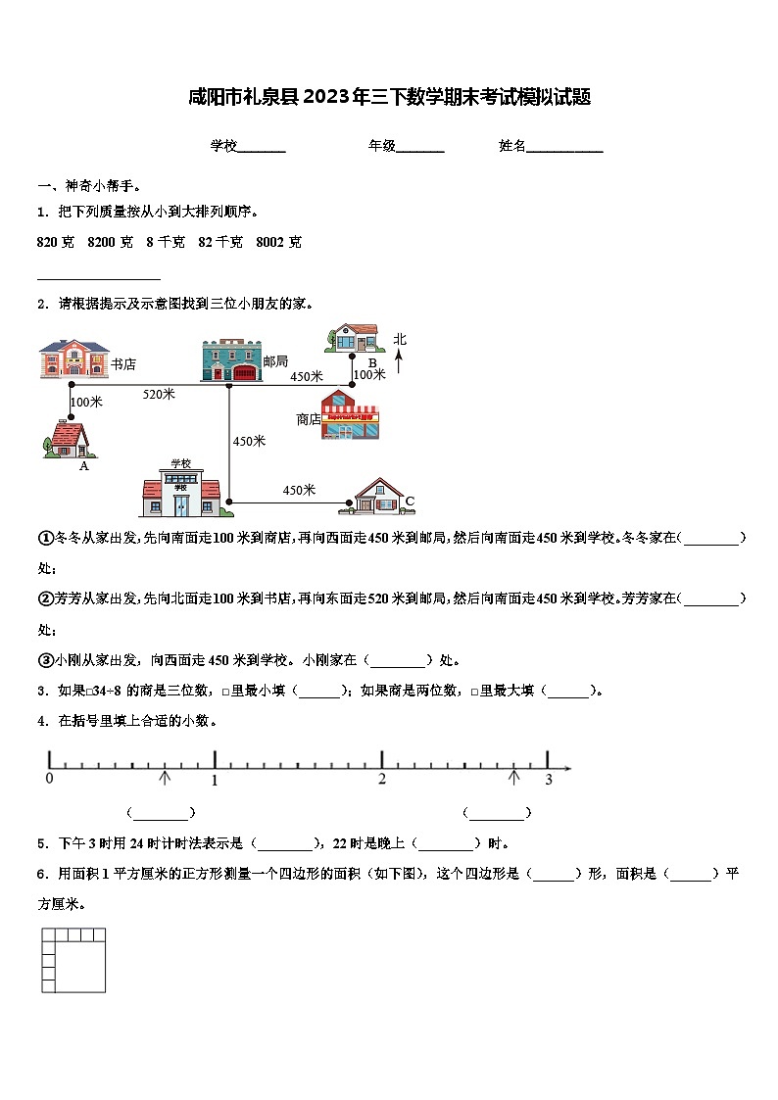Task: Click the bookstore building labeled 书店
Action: pyautogui.click(x=74, y=359)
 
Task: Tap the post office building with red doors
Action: pyautogui.click(x=231, y=360)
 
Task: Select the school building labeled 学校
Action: pyautogui.click(x=181, y=489)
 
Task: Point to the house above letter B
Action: pyautogui.click(x=354, y=338)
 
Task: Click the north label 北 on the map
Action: pyautogui.click(x=400, y=340)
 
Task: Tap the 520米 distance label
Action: pyautogui.click(x=159, y=394)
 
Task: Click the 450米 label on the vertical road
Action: pyautogui.click(x=249, y=441)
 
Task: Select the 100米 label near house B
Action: pyautogui.click(x=369, y=374)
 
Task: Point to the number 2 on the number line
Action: pyautogui.click(x=382, y=779)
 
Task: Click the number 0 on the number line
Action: pyautogui.click(x=49, y=779)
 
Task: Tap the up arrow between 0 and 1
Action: pyautogui.click(x=165, y=777)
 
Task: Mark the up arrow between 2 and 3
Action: pyautogui.click(x=514, y=777)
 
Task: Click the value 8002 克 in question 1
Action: pyautogui.click(x=278, y=242)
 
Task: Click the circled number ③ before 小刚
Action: pyautogui.click(x=45, y=659)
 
